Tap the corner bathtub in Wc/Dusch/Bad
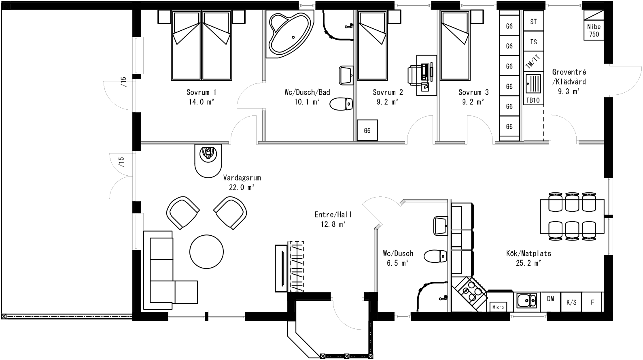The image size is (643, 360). click(290, 35)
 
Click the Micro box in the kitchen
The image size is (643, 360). click(498, 307)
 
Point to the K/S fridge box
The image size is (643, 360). click(571, 302)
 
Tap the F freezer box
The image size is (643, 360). click(592, 302)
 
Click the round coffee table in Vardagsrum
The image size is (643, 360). click(207, 251)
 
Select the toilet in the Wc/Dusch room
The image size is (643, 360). click(435, 256)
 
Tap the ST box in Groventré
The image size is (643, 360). click(533, 22)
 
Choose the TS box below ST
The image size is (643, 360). click(533, 42)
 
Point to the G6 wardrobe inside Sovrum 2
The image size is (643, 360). click(367, 130)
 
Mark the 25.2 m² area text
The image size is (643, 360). click(528, 263)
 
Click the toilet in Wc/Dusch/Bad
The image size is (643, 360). click(341, 104)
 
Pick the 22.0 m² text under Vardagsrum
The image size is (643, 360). click(242, 187)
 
